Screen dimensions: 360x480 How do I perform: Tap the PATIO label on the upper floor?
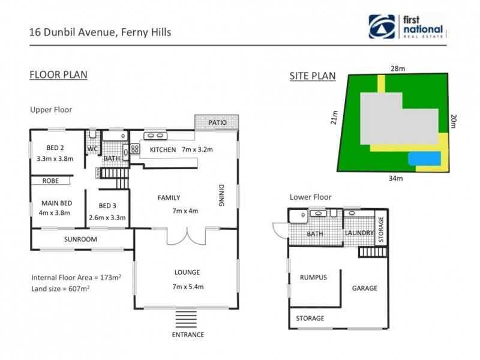217,122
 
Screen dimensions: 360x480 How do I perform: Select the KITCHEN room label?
163,149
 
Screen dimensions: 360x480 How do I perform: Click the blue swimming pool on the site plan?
424,158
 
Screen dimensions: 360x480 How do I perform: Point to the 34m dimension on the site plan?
395,178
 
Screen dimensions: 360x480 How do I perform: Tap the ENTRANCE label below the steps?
188,334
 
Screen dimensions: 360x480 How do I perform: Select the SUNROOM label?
80,239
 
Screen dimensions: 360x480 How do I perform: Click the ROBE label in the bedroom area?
50,180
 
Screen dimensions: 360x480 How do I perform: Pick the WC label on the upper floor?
92,149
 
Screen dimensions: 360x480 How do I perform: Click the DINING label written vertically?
220,196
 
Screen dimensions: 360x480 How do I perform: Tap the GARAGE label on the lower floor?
364,288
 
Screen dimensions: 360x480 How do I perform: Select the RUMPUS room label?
313,277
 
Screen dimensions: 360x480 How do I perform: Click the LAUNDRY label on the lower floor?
359,233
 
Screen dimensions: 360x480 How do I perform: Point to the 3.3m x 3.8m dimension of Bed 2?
51,159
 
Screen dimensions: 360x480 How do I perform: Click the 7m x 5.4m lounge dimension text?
187,286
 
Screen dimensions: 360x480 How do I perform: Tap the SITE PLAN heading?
312,76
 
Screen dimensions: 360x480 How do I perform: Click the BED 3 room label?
107,205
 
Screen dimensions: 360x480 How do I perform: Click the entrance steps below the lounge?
188,319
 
